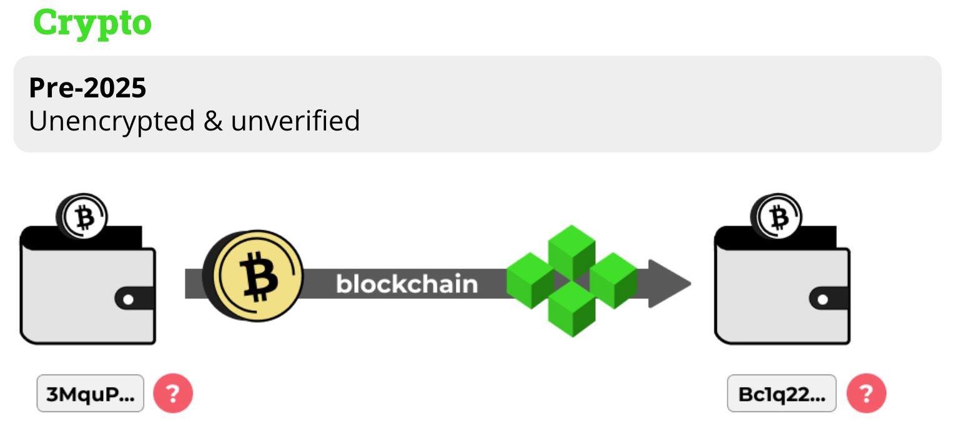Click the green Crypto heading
point(92,24)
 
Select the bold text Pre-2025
point(87,88)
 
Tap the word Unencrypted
point(112,121)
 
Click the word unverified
point(295,121)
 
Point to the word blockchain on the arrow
point(407,284)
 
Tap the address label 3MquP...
point(91,393)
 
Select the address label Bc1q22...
point(781,393)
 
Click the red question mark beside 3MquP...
point(173,393)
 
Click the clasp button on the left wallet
point(128,300)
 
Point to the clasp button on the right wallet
point(822,300)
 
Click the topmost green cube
point(571,247)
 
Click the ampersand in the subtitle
point(213,121)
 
